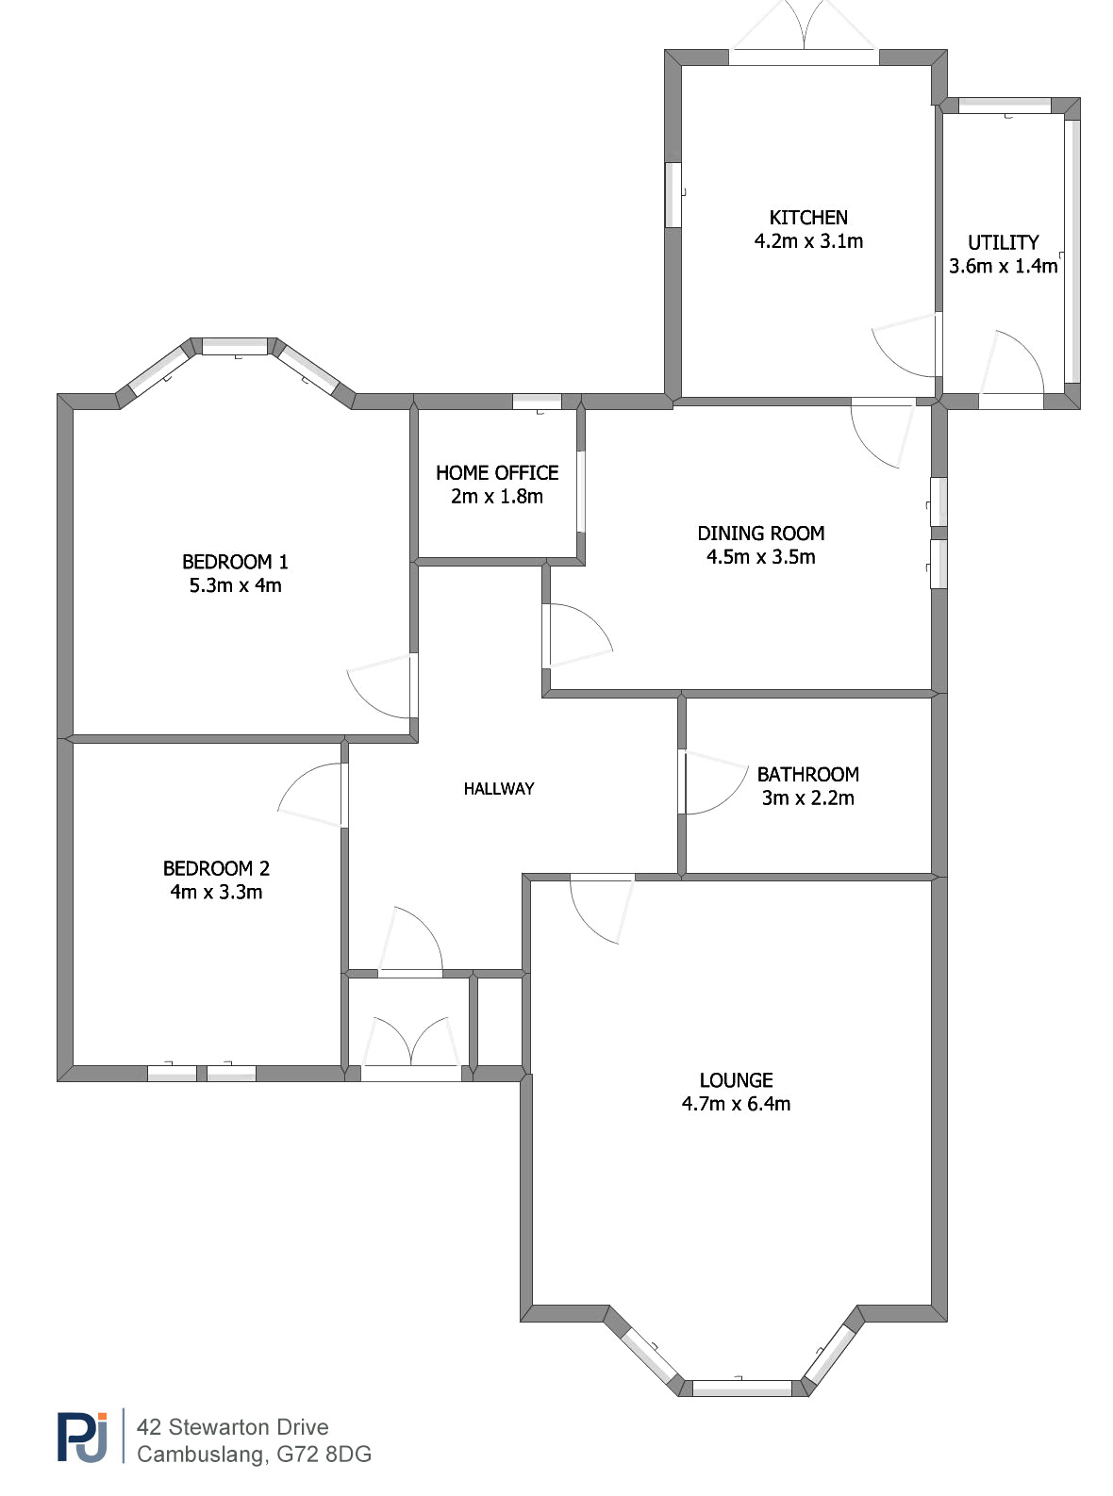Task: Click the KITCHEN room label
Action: coord(808,217)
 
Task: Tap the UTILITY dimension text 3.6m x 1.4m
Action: coord(1003,266)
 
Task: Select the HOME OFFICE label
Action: coord(497,473)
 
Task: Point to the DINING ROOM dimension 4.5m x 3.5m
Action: coord(760,556)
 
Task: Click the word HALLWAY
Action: coord(499,788)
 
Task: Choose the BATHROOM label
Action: coord(808,774)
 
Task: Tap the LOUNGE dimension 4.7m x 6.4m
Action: coord(736,1104)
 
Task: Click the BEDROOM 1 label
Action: coord(235,561)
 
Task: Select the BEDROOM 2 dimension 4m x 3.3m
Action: coord(216,892)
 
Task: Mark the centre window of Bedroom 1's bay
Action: coord(235,346)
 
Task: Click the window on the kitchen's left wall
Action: coord(673,195)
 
